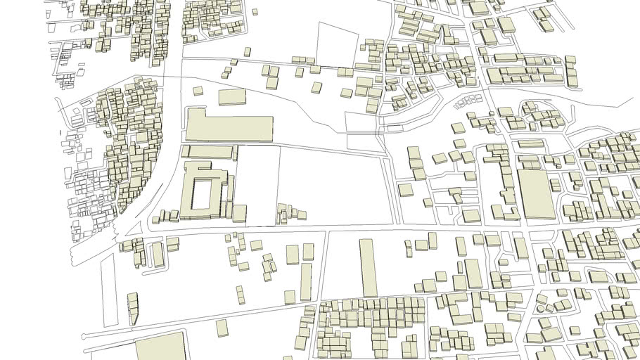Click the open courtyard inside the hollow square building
(204, 193)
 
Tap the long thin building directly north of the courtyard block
(209, 152)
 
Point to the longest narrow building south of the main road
(368, 267)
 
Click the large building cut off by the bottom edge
(160, 348)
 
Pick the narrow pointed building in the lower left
(133, 309)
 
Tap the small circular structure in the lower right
(542, 309)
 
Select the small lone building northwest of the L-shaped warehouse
(198, 91)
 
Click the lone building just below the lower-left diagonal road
(222, 328)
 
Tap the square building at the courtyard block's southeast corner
(240, 213)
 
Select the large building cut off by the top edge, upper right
(479, 8)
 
